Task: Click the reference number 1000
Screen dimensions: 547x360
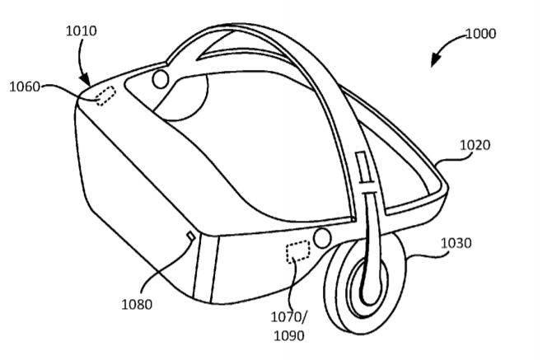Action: [481, 34]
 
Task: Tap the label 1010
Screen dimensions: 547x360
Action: [82, 31]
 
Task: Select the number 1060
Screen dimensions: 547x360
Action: [25, 86]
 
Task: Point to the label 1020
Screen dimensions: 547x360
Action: [475, 145]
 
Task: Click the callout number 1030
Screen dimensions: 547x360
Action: [456, 243]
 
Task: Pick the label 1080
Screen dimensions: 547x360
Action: [137, 305]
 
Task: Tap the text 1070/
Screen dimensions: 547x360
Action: [289, 317]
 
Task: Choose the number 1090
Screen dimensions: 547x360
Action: [289, 336]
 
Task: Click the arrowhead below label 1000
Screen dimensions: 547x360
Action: [435, 60]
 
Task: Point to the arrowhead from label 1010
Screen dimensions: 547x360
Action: [85, 80]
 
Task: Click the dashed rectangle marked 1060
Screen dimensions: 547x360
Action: [106, 96]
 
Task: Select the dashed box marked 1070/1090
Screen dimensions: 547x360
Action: [298, 252]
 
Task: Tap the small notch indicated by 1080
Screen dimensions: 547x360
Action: [191, 236]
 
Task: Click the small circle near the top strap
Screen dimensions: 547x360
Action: [161, 79]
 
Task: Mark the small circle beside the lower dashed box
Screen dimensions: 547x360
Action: [321, 238]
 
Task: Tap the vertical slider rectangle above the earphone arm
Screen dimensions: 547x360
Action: [362, 166]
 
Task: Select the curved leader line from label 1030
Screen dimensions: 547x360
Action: [424, 255]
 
